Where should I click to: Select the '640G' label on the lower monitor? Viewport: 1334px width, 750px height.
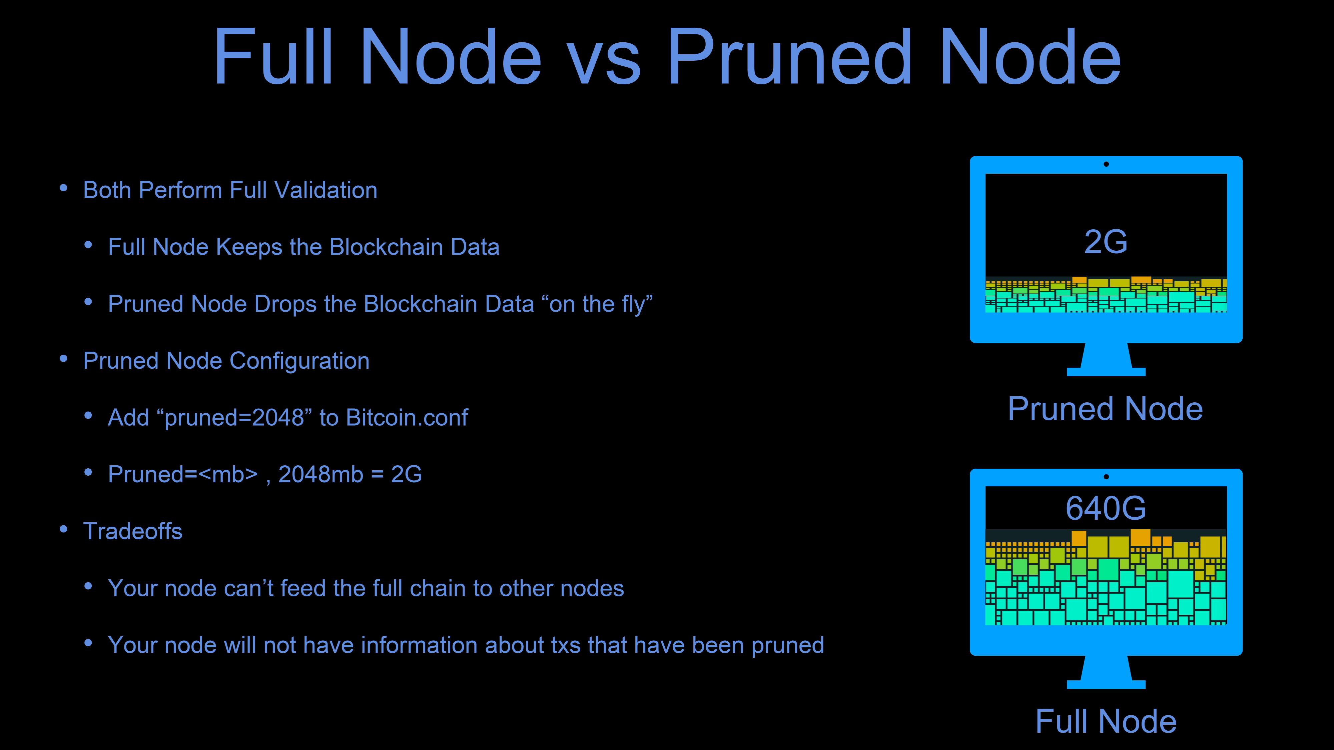pyautogui.click(x=1106, y=508)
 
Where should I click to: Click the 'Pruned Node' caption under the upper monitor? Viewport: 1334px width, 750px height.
pyautogui.click(x=1105, y=409)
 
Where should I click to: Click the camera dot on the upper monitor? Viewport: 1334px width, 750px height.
pyautogui.click(x=1106, y=164)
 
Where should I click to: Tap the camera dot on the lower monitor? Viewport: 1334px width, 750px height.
pyautogui.click(x=1106, y=477)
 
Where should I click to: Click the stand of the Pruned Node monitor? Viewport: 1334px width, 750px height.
pyautogui.click(x=1106, y=360)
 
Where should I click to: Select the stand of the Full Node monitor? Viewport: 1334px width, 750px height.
pyautogui.click(x=1106, y=672)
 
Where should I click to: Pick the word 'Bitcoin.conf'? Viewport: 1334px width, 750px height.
pyautogui.click(x=407, y=418)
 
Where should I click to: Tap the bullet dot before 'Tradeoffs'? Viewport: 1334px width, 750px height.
pyautogui.click(x=64, y=529)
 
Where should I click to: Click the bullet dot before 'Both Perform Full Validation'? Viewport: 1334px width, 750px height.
pyautogui.click(x=64, y=188)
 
